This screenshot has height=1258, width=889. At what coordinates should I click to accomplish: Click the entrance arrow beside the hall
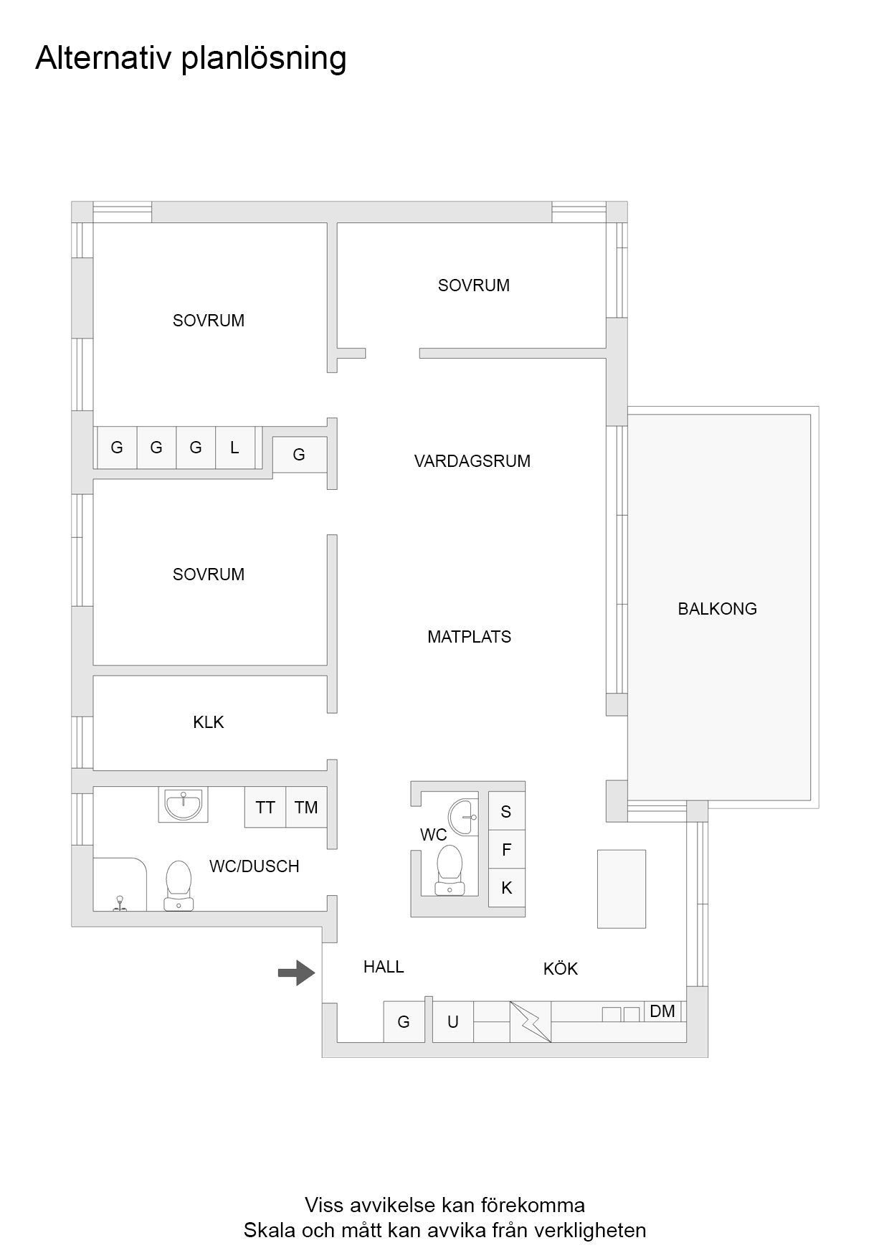point(296,973)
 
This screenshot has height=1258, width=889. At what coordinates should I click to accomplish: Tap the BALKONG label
point(717,609)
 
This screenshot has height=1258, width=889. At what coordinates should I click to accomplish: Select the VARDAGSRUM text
point(472,461)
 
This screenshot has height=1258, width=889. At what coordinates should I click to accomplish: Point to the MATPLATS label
point(469,637)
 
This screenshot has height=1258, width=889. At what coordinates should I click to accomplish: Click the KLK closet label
point(209,722)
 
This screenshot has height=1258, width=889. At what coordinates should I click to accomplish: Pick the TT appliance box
point(265,808)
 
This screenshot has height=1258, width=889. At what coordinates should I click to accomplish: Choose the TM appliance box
point(306,808)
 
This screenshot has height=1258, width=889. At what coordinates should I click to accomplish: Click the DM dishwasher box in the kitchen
point(662,1011)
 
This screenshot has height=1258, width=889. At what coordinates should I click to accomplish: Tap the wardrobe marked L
point(235,448)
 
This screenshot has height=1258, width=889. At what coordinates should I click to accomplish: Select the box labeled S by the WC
point(506,811)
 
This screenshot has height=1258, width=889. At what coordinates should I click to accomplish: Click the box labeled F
point(506,850)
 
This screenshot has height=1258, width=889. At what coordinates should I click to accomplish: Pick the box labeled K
point(506,889)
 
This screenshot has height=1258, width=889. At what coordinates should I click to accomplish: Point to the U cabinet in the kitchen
point(453,1021)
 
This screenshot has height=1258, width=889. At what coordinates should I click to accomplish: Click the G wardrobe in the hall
point(404,1021)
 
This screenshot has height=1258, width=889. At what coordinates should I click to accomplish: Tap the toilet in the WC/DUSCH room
point(179,886)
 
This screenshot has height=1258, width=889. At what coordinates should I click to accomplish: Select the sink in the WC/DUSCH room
point(183,804)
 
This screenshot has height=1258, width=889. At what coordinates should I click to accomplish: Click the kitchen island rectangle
point(622,889)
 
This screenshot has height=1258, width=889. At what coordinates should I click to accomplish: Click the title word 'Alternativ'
point(104,58)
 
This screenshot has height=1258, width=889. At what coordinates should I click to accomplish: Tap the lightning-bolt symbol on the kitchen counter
point(531,1021)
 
